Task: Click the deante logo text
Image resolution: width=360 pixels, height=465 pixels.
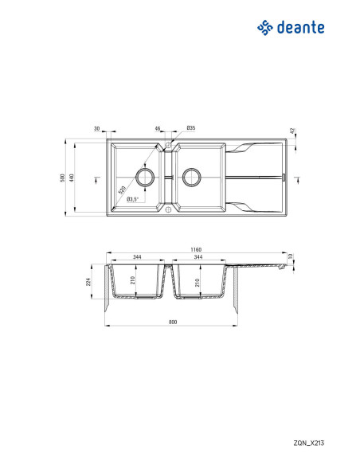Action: click(300, 28)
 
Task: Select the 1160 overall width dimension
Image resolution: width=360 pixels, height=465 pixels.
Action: click(196, 250)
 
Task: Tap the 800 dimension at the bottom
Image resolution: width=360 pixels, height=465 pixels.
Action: click(173, 322)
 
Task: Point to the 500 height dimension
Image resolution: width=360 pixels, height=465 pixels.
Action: click(62, 178)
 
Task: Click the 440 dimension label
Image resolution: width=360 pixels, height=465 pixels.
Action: click(71, 178)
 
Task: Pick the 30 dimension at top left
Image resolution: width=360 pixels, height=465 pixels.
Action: click(96, 129)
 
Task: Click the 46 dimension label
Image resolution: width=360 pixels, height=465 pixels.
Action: click(158, 128)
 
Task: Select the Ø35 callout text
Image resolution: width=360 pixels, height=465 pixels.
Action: click(191, 128)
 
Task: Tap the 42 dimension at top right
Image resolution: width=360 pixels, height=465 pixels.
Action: click(292, 131)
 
